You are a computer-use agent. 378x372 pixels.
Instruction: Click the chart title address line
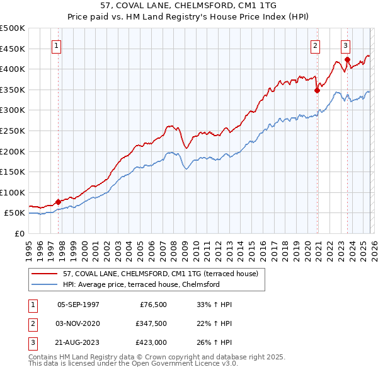pyautogui.click(x=189, y=6)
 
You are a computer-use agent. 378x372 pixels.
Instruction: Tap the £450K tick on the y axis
pyautogui.click(x=13, y=49)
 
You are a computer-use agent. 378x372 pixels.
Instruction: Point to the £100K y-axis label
pyautogui.click(x=13, y=192)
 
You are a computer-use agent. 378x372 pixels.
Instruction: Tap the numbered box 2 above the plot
pyautogui.click(x=315, y=45)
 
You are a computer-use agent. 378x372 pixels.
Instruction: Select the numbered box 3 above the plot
pyautogui.click(x=346, y=45)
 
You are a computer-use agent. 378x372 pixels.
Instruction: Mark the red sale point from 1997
pyautogui.click(x=58, y=202)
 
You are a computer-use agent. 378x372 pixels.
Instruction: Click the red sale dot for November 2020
pyautogui.click(x=317, y=90)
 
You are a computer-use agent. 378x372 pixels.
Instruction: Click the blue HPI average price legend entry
pyautogui.click(x=140, y=284)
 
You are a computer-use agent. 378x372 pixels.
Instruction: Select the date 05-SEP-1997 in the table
pyautogui.click(x=78, y=305)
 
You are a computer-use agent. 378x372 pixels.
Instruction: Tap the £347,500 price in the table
pyautogui.click(x=151, y=323)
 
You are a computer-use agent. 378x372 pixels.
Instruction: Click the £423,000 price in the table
pyautogui.click(x=151, y=342)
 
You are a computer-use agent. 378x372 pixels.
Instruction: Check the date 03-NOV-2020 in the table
pyautogui.click(x=78, y=323)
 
